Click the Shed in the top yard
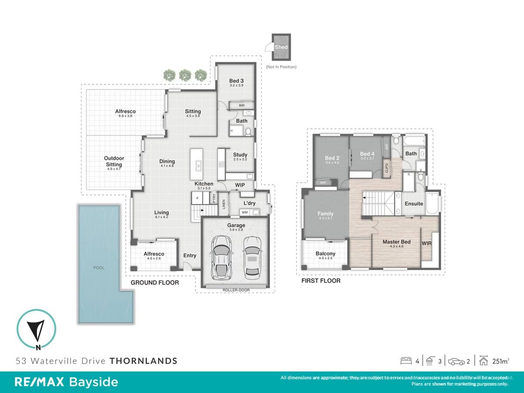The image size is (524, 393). [x=281, y=47]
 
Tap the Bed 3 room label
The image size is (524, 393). [x=236, y=80]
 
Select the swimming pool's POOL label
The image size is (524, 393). [x=99, y=268]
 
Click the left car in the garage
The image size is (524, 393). [x=222, y=257]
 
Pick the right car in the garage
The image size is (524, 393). [x=252, y=257]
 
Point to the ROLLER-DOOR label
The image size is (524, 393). [x=236, y=290]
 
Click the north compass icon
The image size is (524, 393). [x=36, y=329]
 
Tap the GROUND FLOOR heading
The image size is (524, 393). [x=155, y=283]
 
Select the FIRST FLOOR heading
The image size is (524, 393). [x=321, y=281]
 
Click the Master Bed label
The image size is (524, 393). [x=396, y=241]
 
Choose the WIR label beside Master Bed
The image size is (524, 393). [x=426, y=243]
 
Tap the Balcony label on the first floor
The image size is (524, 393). [x=325, y=254]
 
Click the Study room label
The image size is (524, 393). [x=240, y=155]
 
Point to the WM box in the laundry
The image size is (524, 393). [x=245, y=213]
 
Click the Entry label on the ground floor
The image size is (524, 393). [x=190, y=255]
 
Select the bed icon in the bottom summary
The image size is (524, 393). [x=406, y=361]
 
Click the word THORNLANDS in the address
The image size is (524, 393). [x=143, y=361]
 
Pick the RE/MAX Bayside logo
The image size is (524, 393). [x=66, y=382]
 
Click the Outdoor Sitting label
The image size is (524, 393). [x=114, y=161]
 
